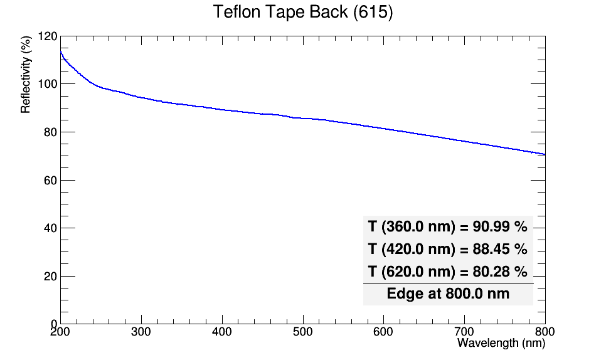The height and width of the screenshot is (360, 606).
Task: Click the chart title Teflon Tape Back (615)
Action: [x=303, y=12]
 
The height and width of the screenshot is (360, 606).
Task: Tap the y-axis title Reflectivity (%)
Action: [x=26, y=75]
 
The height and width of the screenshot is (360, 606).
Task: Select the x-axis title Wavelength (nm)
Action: [x=501, y=342]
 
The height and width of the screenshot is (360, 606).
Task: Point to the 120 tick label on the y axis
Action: [x=48, y=36]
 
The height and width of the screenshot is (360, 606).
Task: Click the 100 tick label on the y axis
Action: [x=48, y=84]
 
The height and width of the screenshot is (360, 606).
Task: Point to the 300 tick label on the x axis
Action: [x=141, y=332]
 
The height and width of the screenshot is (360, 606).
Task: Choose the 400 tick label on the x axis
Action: [x=222, y=332]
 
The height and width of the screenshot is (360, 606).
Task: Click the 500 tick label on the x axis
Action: [x=302, y=332]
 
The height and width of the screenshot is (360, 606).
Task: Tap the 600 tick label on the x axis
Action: [x=383, y=332]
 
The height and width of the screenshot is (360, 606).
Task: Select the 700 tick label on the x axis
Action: [x=464, y=332]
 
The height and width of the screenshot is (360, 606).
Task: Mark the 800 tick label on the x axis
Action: [x=545, y=332]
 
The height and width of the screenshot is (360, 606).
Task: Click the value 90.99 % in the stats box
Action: [x=500, y=226]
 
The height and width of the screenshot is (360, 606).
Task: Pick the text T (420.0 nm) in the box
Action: [x=412, y=249]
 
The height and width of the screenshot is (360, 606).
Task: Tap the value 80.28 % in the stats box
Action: [x=500, y=272]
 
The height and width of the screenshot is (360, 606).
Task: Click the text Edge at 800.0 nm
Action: [x=448, y=294]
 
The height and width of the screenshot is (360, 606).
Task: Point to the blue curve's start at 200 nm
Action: [x=61, y=51]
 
